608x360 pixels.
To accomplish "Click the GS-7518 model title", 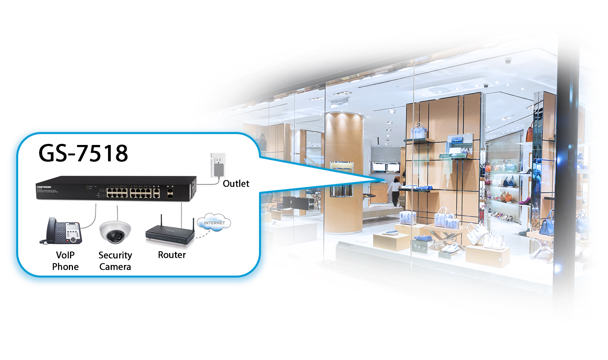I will [x=83, y=153].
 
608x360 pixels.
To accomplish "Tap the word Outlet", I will [x=236, y=184].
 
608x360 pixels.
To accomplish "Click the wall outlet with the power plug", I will [x=218, y=165].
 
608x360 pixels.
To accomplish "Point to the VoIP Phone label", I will [x=65, y=261].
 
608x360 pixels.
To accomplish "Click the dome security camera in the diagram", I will [x=115, y=231].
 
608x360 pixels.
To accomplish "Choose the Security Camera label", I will [x=115, y=261].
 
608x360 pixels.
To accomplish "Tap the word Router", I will [x=172, y=255].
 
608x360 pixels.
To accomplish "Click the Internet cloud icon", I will [x=214, y=222].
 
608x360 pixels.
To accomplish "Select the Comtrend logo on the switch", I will [x=44, y=187].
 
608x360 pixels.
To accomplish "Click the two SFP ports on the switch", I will [x=170, y=193].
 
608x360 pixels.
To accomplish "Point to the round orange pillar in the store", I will [x=343, y=171].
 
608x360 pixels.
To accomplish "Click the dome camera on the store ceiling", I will [x=508, y=61].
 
